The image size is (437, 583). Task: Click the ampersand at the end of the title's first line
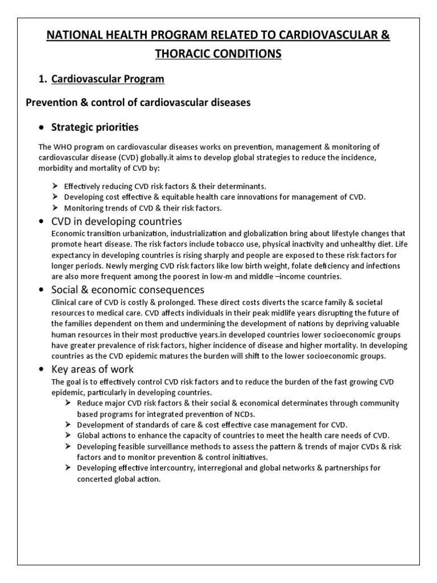[x=385, y=35]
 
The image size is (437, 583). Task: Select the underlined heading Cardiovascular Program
[x=108, y=79]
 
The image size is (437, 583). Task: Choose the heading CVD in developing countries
[x=117, y=221]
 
